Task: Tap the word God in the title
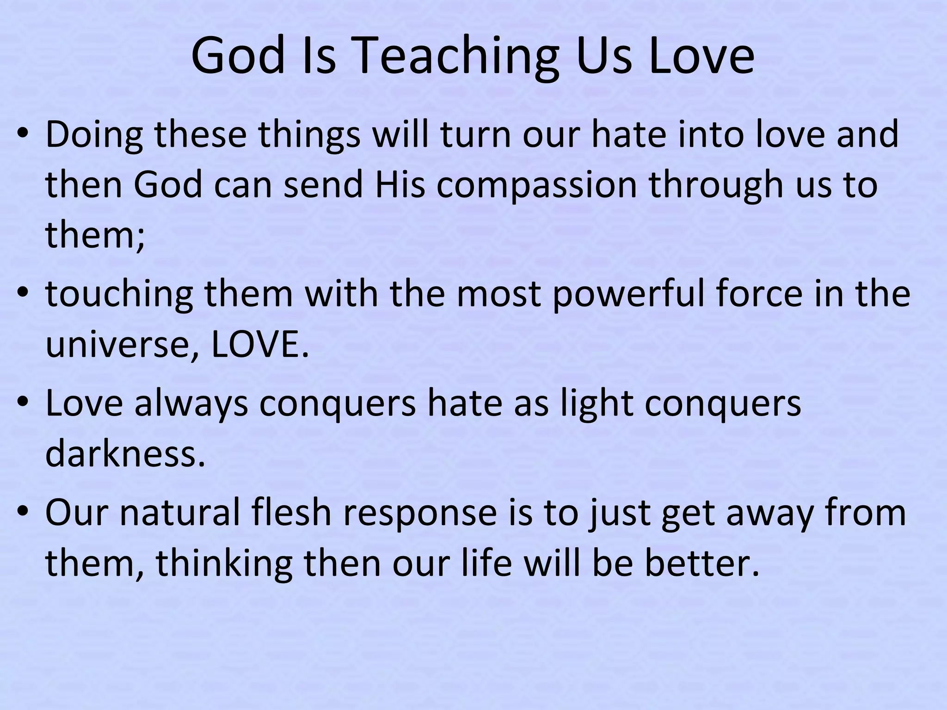click(238, 56)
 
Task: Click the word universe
click(122, 345)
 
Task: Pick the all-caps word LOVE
click(259, 345)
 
